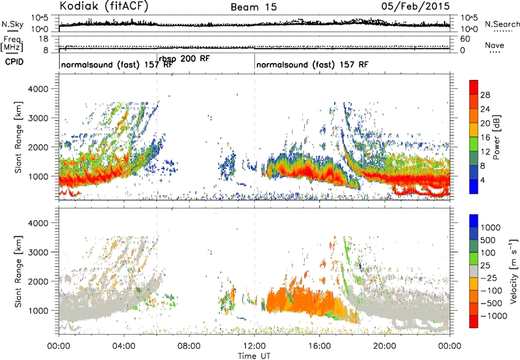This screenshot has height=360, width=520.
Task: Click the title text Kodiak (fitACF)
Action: click(104, 6)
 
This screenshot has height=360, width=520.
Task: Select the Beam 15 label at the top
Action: click(253, 7)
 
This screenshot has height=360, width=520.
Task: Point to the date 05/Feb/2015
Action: click(415, 6)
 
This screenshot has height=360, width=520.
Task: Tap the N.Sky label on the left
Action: click(12, 24)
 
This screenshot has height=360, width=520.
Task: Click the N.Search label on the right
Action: click(502, 24)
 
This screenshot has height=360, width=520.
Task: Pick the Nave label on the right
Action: click(495, 45)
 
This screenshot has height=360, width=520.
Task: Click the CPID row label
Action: click(14, 62)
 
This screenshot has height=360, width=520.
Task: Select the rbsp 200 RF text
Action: click(184, 58)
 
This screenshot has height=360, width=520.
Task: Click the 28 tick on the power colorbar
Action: click(485, 95)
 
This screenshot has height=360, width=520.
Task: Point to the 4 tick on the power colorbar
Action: click(482, 181)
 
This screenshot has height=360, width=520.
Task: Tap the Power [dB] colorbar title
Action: click(497, 137)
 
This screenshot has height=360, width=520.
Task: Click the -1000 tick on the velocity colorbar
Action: click(493, 316)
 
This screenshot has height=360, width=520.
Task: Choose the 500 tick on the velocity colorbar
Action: click(487, 240)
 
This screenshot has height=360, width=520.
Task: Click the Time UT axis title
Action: click(254, 356)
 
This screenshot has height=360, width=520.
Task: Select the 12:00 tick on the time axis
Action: click(254, 346)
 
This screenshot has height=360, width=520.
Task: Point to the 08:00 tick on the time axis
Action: click(189, 346)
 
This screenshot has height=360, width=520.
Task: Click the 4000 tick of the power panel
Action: click(38, 89)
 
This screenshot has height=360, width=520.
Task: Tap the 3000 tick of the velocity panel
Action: click(38, 252)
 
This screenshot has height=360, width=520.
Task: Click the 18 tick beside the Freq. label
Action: click(44, 39)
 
